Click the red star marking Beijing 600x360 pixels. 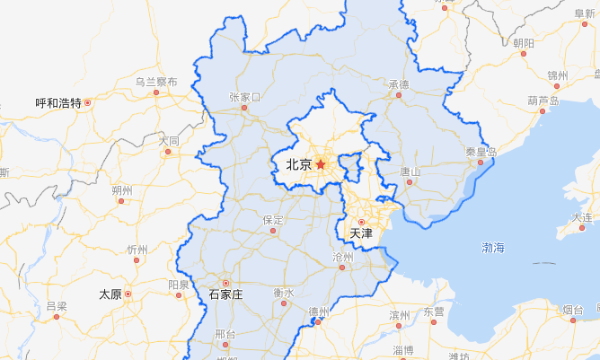pos(321,164)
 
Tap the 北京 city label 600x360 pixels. pos(298,164)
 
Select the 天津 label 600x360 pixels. pos(360,233)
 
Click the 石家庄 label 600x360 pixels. pos(225,294)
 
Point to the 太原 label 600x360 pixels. pos(110,294)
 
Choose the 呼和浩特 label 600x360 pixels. pos(58,103)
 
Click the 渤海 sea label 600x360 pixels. pos(494,247)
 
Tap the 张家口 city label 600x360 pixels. pos(244,96)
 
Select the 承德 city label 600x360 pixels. pos(399,84)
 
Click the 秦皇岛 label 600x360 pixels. pos(481,151)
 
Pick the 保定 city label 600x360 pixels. pos(274,219)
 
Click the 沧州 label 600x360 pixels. pos(343,258)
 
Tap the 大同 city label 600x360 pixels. pos(169,141)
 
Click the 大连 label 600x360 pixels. pos(583,217)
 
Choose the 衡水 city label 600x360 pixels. pos(284,293)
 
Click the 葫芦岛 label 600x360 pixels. pos(543,101)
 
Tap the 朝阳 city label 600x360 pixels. pos(524,42)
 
